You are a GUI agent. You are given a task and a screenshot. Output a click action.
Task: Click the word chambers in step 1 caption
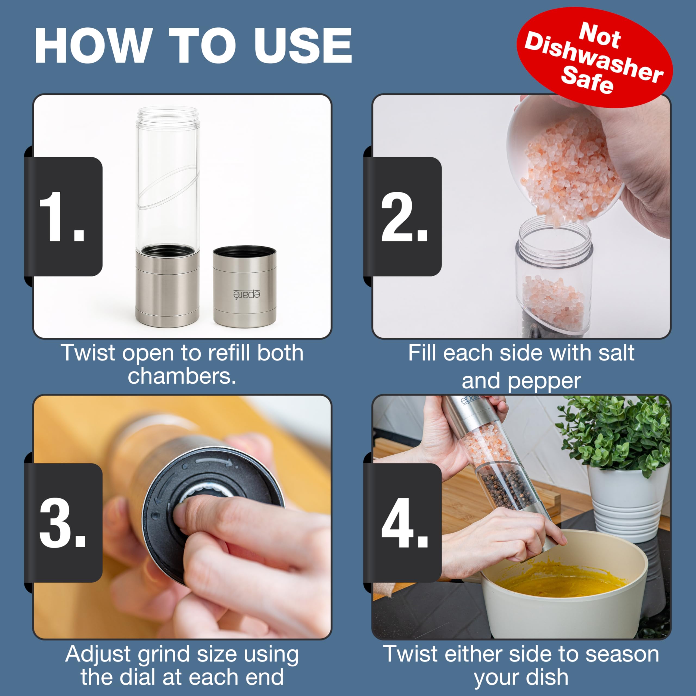coord(182,377)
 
